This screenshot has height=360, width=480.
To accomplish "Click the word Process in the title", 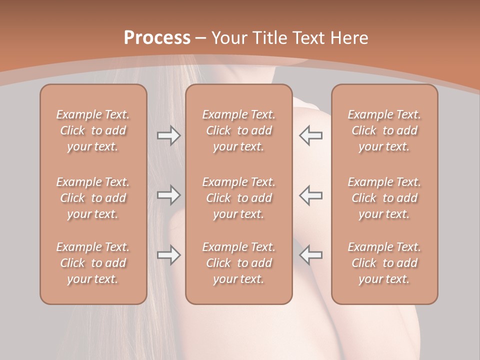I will (157, 38).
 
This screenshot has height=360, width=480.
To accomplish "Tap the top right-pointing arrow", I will (168, 135).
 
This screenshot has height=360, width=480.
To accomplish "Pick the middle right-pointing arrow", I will (168, 195).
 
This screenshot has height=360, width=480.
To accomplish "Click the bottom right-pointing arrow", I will (168, 255).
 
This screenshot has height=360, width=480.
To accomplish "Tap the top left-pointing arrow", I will (310, 135).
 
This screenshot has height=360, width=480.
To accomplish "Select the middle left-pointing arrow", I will (310, 195).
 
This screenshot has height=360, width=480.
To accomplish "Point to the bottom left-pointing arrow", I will (310, 255).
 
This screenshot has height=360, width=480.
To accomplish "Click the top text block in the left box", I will (93, 130).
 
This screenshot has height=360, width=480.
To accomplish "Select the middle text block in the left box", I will (93, 198).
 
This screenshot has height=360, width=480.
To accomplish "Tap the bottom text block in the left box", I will (93, 263).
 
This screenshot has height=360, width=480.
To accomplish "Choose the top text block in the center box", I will (238, 130).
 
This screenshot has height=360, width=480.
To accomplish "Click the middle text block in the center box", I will (238, 198).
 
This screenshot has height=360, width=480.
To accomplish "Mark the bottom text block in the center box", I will (238, 263).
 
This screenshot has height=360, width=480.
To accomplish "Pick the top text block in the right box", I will (384, 130).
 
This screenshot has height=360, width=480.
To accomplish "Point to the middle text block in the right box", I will (384, 198).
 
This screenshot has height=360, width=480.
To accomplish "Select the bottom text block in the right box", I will (384, 263).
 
